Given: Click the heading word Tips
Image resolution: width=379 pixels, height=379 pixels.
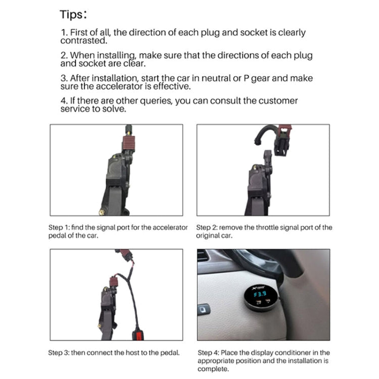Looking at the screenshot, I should (x=74, y=14).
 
